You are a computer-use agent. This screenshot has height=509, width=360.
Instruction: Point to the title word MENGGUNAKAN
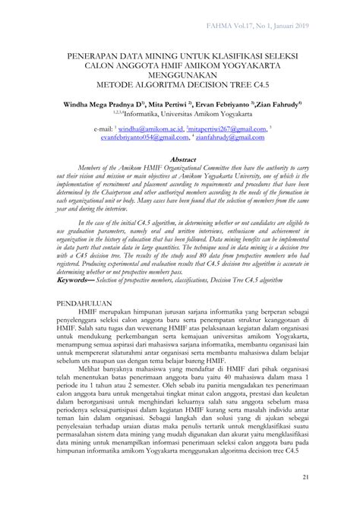coord(180,77)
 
